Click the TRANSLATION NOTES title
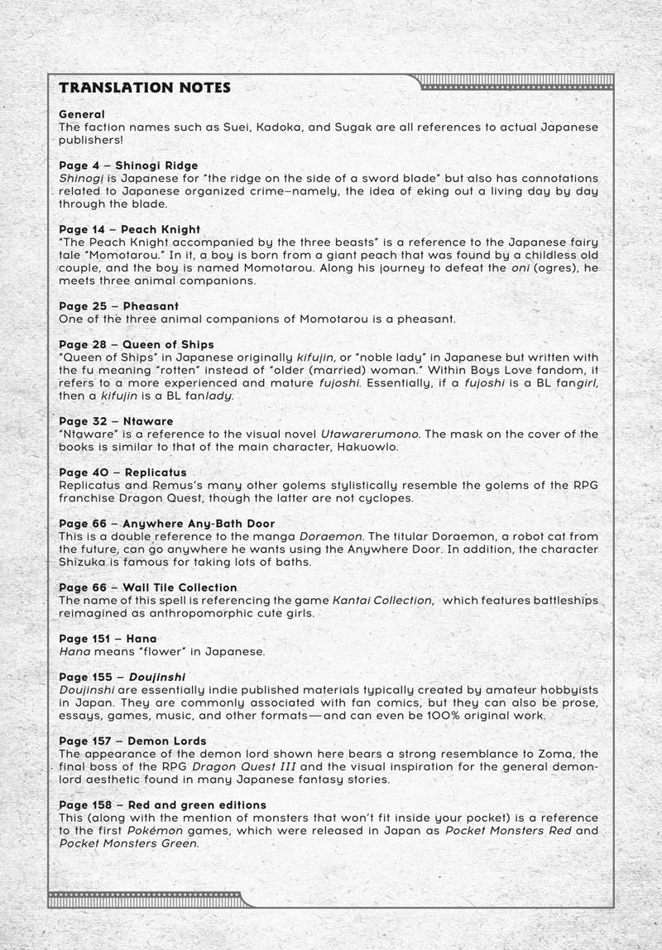click(x=145, y=88)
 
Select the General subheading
click(x=82, y=114)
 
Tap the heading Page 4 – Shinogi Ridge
click(x=128, y=166)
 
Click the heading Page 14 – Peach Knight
click(x=130, y=229)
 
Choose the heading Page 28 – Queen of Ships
click(x=137, y=344)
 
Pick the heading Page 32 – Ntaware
click(x=117, y=421)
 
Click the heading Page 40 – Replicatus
click(x=122, y=473)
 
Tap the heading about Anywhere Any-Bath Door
click(x=167, y=524)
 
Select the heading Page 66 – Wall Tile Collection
click(x=148, y=588)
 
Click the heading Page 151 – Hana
click(x=108, y=639)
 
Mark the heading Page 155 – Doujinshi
click(x=122, y=677)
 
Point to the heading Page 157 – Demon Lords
click(x=132, y=741)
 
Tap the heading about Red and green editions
click(x=163, y=804)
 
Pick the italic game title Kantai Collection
click(x=383, y=600)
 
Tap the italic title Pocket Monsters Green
click(x=128, y=843)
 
